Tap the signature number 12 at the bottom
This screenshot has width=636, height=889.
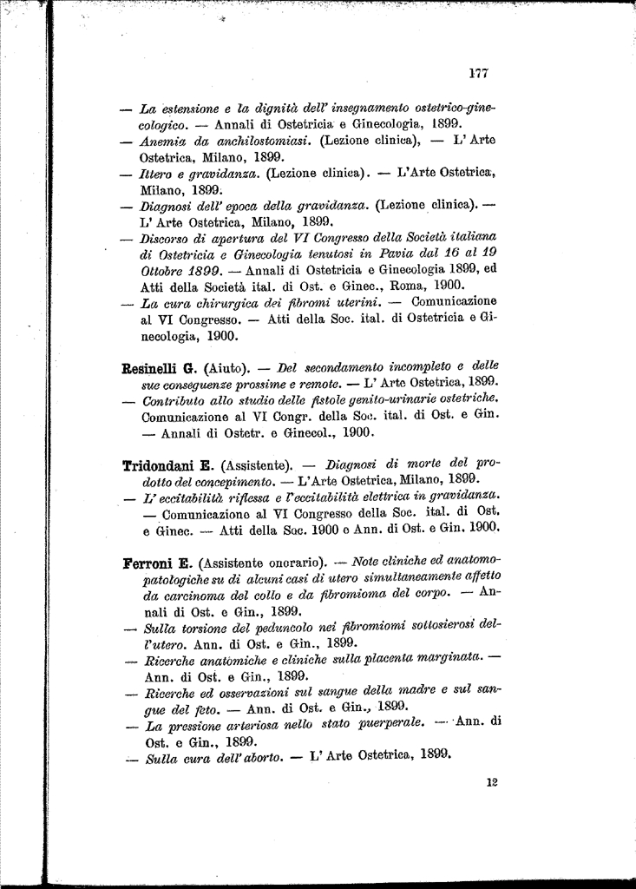pyautogui.click(x=492, y=782)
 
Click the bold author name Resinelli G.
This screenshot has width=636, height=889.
pyautogui.click(x=161, y=366)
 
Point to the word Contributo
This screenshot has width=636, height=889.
pyautogui.click(x=174, y=398)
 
